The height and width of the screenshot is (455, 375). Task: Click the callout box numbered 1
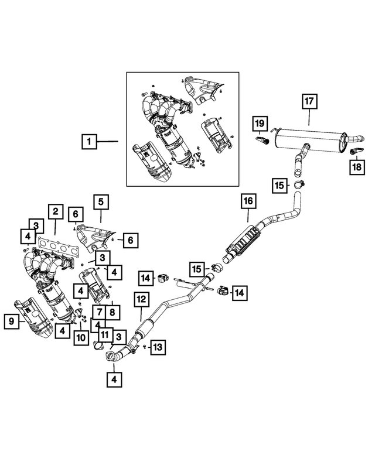[89, 142]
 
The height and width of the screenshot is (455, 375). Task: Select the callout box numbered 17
[309, 101]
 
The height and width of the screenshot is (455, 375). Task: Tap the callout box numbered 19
[260, 124]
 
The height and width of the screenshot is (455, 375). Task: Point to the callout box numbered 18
[357, 167]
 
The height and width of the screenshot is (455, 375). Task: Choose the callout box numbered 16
[248, 201]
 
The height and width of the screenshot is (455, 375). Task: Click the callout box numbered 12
[141, 299]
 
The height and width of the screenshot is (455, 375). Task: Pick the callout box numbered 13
[158, 347]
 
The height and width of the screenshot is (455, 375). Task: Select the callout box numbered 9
[12, 321]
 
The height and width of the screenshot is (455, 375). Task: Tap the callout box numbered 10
[81, 337]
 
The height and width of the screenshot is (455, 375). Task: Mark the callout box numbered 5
[101, 201]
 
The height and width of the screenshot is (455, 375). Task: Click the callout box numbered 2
[56, 211]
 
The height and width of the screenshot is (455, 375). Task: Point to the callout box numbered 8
[112, 312]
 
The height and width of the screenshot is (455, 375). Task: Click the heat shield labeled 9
[34, 316]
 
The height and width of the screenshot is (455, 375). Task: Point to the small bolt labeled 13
[145, 347]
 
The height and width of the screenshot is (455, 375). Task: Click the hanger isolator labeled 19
[262, 141]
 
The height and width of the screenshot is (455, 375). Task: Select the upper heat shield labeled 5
[96, 238]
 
